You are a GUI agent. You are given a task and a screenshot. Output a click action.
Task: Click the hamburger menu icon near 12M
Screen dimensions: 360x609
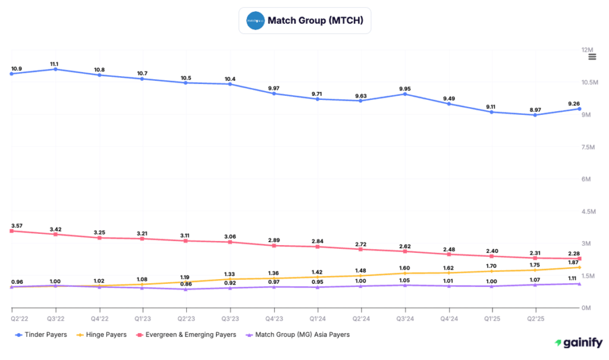tap(592, 57)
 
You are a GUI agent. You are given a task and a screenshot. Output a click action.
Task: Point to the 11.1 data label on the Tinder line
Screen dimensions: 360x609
tap(55, 64)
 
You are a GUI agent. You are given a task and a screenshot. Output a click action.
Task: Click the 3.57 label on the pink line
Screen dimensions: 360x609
tap(17, 226)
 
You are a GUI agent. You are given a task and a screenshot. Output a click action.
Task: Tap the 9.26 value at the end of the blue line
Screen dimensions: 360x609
tap(573, 104)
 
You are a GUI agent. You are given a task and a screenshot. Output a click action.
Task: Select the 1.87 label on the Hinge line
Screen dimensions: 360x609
tap(573, 262)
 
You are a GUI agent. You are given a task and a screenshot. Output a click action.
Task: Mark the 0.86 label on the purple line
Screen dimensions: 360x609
tap(187, 284)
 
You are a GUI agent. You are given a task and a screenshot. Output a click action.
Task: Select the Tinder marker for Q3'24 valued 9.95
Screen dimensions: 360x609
tap(405, 94)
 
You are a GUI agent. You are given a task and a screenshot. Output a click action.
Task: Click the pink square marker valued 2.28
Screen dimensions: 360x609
tap(580, 259)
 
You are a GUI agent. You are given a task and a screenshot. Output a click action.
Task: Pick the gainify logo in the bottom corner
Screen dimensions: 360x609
tap(578, 343)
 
